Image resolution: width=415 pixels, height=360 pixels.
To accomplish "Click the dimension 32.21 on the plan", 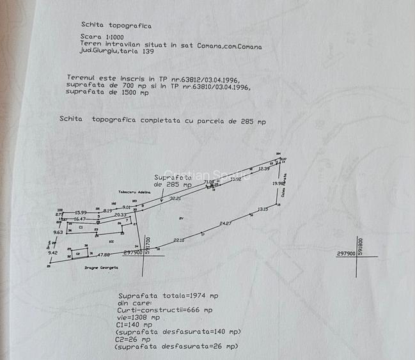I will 175,199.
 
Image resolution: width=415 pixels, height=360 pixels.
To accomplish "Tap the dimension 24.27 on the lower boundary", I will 226,223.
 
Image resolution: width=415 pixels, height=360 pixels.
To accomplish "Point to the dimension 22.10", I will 179,240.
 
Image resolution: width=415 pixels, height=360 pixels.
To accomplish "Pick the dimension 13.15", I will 263,209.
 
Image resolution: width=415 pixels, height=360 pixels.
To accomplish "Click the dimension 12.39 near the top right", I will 264,168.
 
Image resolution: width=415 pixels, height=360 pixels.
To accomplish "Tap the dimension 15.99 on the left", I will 81,212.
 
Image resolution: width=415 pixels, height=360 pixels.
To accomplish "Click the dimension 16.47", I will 80,219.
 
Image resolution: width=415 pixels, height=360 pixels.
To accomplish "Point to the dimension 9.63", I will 58,232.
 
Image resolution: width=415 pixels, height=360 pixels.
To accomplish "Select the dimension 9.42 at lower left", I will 52,253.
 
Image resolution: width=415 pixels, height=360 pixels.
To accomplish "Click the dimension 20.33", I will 120,215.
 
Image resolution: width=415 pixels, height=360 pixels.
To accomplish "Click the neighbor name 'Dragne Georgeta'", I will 102,268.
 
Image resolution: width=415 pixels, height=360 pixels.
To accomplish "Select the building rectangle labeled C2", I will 79,254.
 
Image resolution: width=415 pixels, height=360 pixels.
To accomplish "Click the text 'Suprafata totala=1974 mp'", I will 168,296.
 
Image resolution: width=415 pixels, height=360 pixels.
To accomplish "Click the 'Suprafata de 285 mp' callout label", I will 173,180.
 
